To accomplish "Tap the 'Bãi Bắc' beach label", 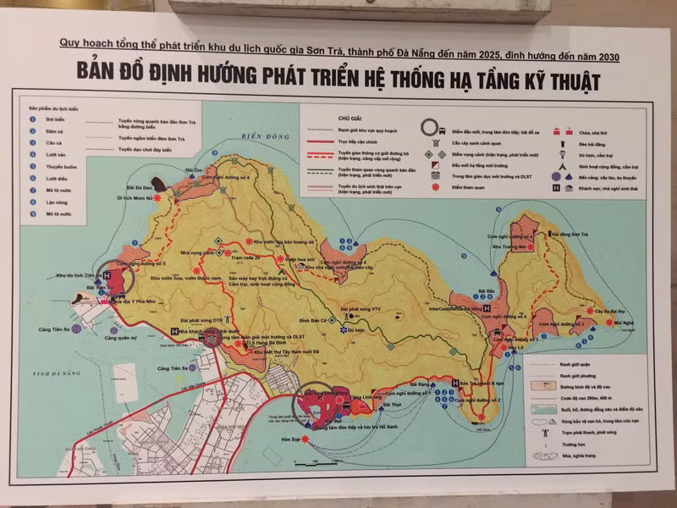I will click(x=484, y=291).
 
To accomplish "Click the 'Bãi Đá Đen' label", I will click(x=139, y=185).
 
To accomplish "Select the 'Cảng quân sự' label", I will click(x=119, y=338).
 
